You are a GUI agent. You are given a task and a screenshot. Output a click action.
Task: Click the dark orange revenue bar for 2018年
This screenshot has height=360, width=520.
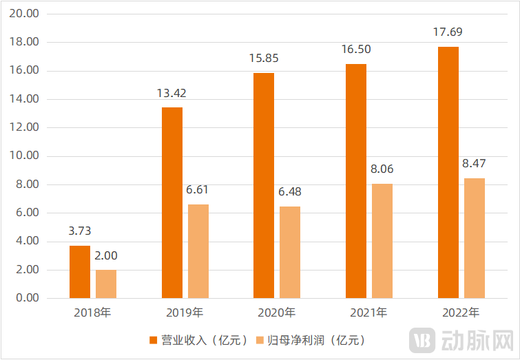click(x=80, y=272)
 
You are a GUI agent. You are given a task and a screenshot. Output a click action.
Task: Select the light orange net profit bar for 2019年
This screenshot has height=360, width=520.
click(x=198, y=251)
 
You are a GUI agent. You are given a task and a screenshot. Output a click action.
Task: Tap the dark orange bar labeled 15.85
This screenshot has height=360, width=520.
click(x=264, y=185)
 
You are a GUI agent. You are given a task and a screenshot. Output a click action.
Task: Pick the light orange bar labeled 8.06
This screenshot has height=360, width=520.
click(x=382, y=241)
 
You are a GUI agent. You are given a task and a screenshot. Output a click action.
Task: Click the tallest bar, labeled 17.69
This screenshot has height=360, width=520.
click(x=448, y=172)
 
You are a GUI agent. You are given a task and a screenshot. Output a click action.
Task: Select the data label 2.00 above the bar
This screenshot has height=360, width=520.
click(x=106, y=255)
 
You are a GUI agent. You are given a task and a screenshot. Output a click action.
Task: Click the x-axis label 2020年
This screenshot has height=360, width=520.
click(x=277, y=313)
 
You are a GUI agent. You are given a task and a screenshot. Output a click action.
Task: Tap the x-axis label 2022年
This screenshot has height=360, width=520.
click(x=461, y=313)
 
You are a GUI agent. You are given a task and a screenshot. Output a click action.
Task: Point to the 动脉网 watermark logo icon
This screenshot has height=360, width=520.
click(x=421, y=340)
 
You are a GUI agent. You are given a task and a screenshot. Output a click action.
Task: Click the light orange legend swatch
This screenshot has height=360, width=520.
click(x=259, y=339)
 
